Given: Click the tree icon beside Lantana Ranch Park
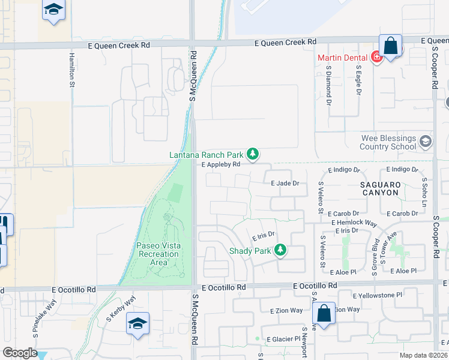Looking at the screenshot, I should [x=253, y=155].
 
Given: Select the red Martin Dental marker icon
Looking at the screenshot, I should [x=376, y=57].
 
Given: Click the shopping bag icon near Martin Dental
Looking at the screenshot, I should [x=391, y=46].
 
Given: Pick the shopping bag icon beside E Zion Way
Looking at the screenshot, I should [x=324, y=313].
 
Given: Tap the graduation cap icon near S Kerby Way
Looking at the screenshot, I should [x=137, y=324].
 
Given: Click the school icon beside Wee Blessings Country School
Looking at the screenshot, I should [x=426, y=142].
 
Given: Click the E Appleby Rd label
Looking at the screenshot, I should [x=221, y=164].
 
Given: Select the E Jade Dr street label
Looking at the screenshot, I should [x=285, y=183].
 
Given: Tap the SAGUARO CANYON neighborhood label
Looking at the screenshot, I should [x=380, y=188].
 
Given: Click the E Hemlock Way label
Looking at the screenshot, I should [x=354, y=223].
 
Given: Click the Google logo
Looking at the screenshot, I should [x=20, y=353].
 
